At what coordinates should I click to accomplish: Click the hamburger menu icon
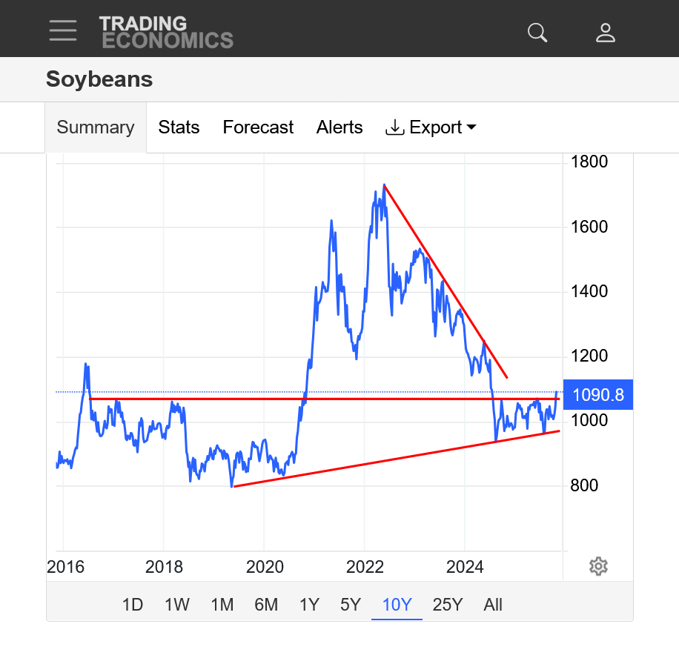tap(63, 30)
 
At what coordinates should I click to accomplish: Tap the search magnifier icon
tap(537, 32)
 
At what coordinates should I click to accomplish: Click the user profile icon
tap(606, 32)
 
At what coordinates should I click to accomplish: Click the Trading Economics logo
tap(166, 33)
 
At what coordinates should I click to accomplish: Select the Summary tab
tap(96, 127)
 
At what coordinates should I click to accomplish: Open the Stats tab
tap(179, 127)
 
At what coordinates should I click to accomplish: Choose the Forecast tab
tap(258, 127)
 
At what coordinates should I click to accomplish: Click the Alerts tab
tap(339, 127)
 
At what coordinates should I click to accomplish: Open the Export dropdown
tap(431, 127)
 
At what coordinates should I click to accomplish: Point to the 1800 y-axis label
tap(589, 162)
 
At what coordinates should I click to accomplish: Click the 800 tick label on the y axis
tap(584, 485)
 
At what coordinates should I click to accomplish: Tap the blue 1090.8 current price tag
tap(598, 395)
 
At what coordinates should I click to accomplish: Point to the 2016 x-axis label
tap(64, 567)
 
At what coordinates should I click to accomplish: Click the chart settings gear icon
tap(598, 567)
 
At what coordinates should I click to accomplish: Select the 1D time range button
tap(133, 605)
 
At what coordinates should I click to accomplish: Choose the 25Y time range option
tap(447, 605)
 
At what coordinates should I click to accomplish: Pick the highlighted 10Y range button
tap(397, 605)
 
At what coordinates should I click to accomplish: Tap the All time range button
tap(493, 605)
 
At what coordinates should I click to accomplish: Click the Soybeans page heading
tap(99, 79)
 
